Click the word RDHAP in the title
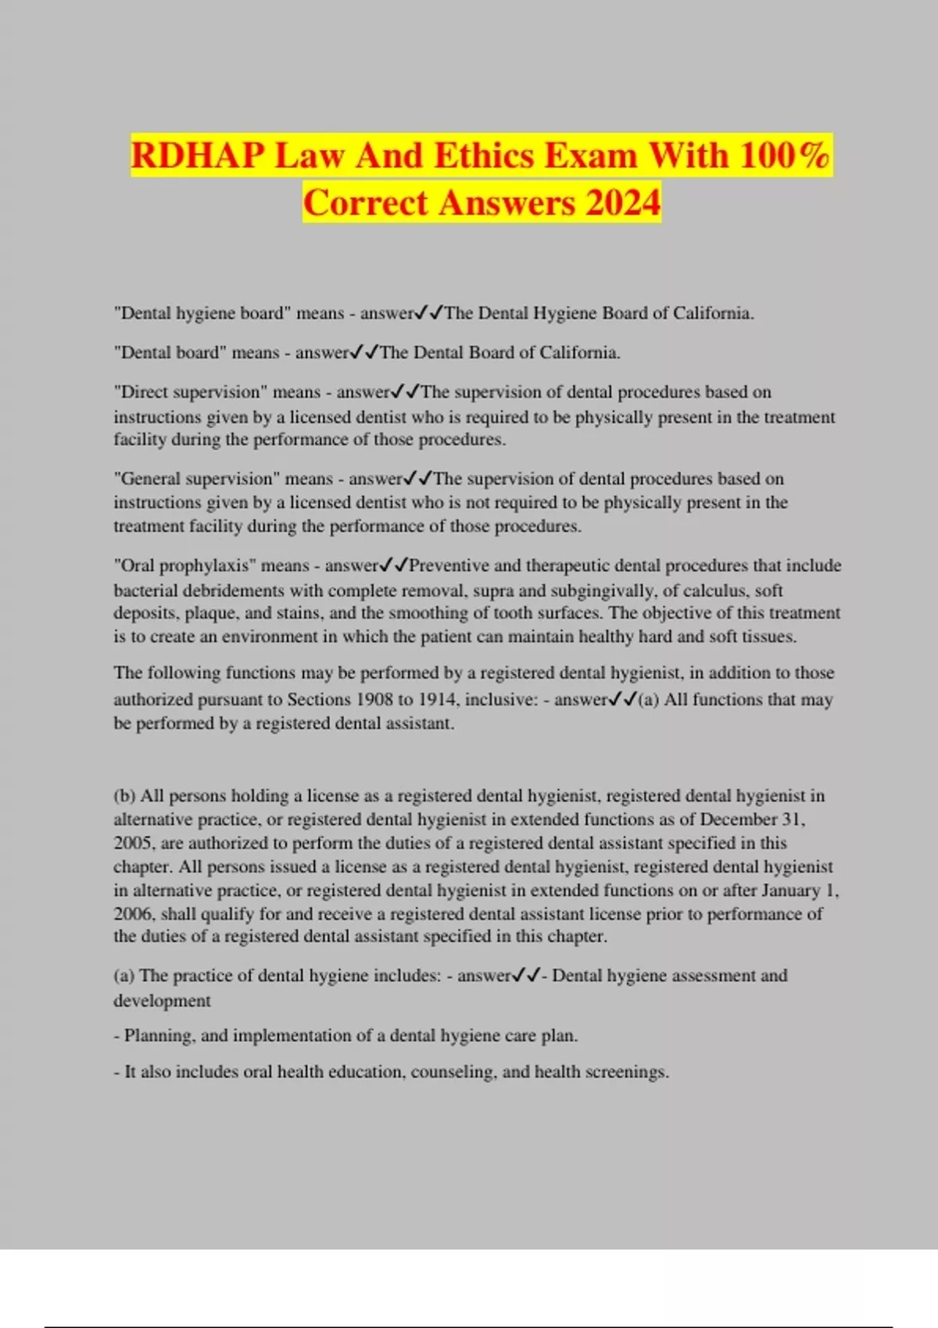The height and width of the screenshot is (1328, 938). pyautogui.click(x=198, y=155)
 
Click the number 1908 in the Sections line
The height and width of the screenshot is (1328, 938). pyautogui.click(x=375, y=700)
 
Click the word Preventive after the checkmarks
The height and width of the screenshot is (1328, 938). pyautogui.click(x=449, y=566)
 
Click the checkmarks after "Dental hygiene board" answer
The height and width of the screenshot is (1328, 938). pyautogui.click(x=429, y=313)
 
